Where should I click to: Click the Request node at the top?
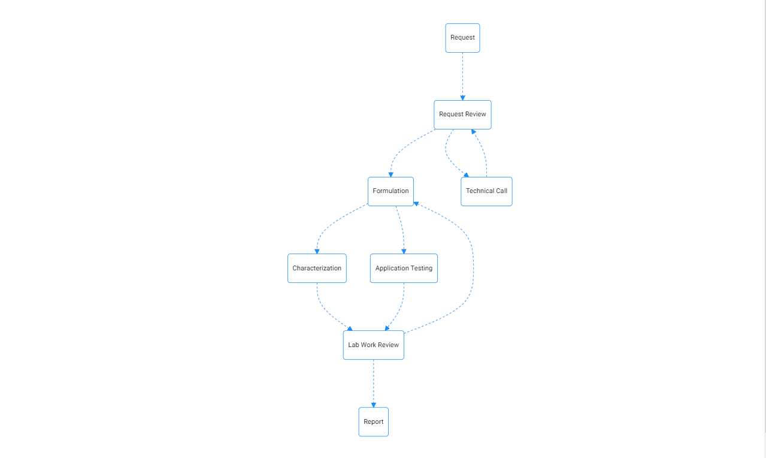click(462, 38)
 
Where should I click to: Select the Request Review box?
click(462, 115)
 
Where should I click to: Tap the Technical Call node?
click(486, 191)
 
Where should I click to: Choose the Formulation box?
click(390, 191)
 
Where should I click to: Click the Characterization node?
click(317, 268)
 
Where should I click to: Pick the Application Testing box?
click(404, 268)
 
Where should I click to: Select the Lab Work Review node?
click(374, 345)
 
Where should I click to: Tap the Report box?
click(374, 421)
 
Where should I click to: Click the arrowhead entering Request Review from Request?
click(463, 98)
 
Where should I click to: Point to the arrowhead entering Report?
click(374, 405)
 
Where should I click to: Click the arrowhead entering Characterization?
click(317, 252)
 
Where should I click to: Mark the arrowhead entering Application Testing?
click(404, 252)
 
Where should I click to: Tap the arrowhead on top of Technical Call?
click(466, 175)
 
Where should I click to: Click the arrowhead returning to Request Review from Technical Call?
click(473, 131)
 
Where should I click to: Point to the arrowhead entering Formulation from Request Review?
click(391, 174)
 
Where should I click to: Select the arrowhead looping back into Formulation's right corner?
click(416, 204)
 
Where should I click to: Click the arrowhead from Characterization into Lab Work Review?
click(350, 329)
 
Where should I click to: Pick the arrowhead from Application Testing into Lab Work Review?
click(387, 329)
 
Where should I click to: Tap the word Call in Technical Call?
click(502, 191)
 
